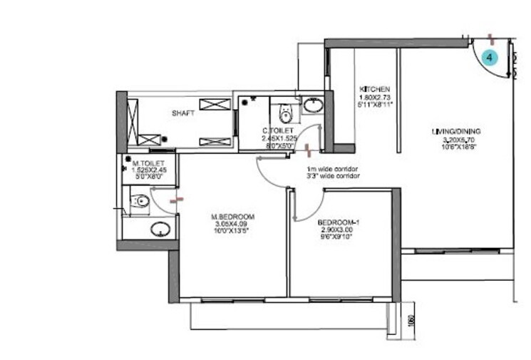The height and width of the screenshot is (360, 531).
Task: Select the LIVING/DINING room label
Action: click(x=456, y=131)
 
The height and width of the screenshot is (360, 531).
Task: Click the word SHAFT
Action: click(x=183, y=113)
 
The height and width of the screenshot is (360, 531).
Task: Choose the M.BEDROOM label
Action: click(x=232, y=216)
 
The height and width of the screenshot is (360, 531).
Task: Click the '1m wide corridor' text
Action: click(x=332, y=169)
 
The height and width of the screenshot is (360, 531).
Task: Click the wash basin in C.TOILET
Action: click(x=312, y=107)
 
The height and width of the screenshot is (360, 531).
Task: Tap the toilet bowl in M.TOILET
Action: click(x=140, y=202)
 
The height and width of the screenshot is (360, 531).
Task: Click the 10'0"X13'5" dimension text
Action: click(x=232, y=232)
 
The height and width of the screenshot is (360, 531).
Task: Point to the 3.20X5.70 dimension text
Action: click(x=456, y=140)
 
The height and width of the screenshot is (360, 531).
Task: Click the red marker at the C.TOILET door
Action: click(x=307, y=149)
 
